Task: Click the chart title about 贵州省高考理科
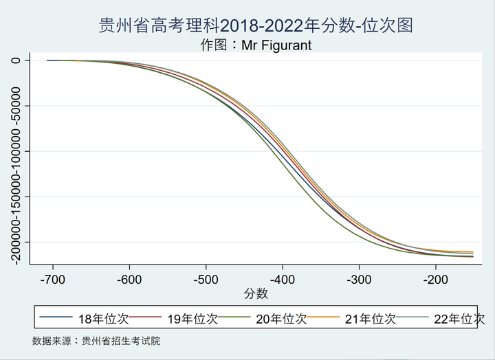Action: click(x=256, y=26)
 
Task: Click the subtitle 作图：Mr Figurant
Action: click(x=256, y=45)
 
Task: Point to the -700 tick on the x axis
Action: click(x=52, y=280)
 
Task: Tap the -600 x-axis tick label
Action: click(x=129, y=280)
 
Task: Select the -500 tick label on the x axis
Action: click(x=205, y=280)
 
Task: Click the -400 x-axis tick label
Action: click(x=281, y=280)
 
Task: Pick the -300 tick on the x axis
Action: click(x=357, y=280)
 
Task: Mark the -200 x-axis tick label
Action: click(x=434, y=280)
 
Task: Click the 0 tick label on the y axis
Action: click(x=16, y=60)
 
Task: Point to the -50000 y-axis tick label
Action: click(x=16, y=106)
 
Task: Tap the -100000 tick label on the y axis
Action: click(x=16, y=151)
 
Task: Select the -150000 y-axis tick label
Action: click(x=16, y=196)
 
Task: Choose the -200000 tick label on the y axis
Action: click(x=16, y=242)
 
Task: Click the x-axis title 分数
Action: click(x=256, y=293)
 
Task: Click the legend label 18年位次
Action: click(x=104, y=319)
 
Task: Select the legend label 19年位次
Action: click(x=193, y=319)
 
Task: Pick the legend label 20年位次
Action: click(x=282, y=319)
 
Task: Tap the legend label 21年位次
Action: click(x=371, y=319)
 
